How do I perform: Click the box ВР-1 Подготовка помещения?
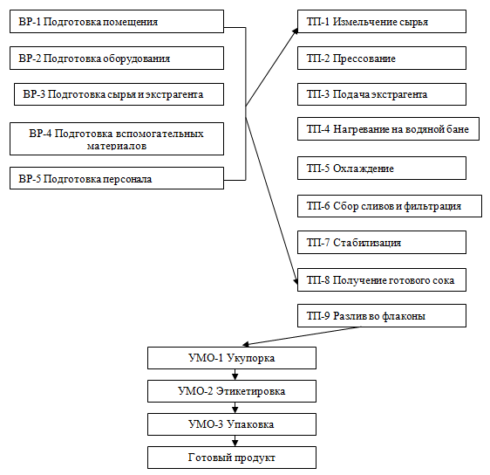(117, 21)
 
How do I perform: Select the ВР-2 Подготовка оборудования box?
(117, 58)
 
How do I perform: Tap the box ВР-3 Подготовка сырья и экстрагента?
(119, 94)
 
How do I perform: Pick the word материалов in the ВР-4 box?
(117, 146)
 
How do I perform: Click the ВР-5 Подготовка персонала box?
(117, 178)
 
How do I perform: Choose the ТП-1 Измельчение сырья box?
(382, 21)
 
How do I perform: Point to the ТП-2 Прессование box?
(382, 58)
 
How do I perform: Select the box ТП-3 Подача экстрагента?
(382, 94)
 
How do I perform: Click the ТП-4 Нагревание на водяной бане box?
(388, 129)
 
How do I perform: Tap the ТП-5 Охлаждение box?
(382, 168)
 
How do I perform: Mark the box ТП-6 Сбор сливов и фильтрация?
(390, 206)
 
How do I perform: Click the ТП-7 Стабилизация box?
(382, 242)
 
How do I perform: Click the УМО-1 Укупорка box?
(232, 358)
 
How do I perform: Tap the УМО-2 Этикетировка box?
(232, 391)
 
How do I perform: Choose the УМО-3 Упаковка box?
(232, 424)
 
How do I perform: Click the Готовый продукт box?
(232, 458)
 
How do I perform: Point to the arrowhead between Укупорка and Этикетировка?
(235, 376)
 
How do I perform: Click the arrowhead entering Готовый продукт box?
(235, 443)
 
